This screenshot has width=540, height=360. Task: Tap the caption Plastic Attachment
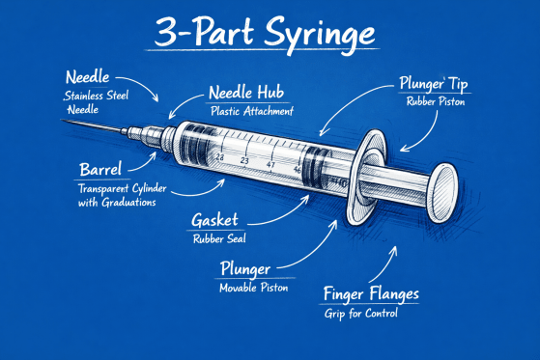click(251, 112)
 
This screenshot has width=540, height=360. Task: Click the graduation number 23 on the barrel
click(244, 159)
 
